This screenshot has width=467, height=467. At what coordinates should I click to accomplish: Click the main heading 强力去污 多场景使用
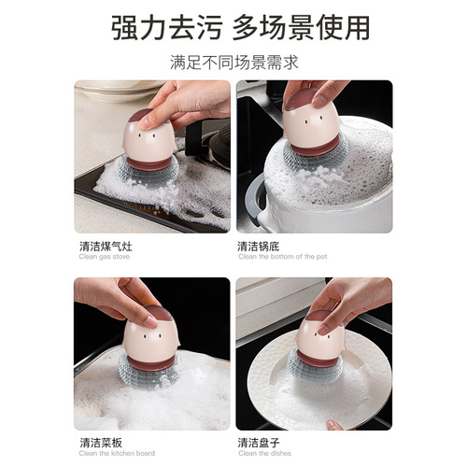233,28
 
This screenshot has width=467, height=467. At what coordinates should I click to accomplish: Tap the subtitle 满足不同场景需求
233,65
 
